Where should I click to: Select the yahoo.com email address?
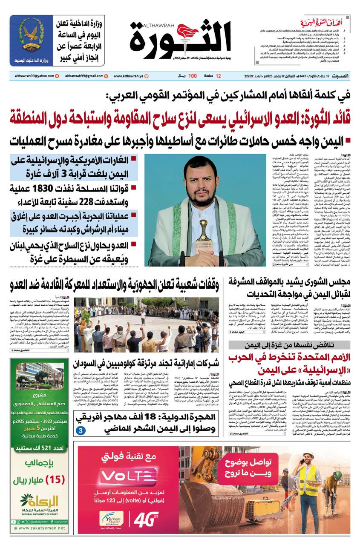tap(32, 76)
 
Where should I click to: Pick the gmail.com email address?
tap(81, 76)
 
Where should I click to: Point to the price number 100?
tap(192, 76)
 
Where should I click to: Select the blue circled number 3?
tap(80, 430)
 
